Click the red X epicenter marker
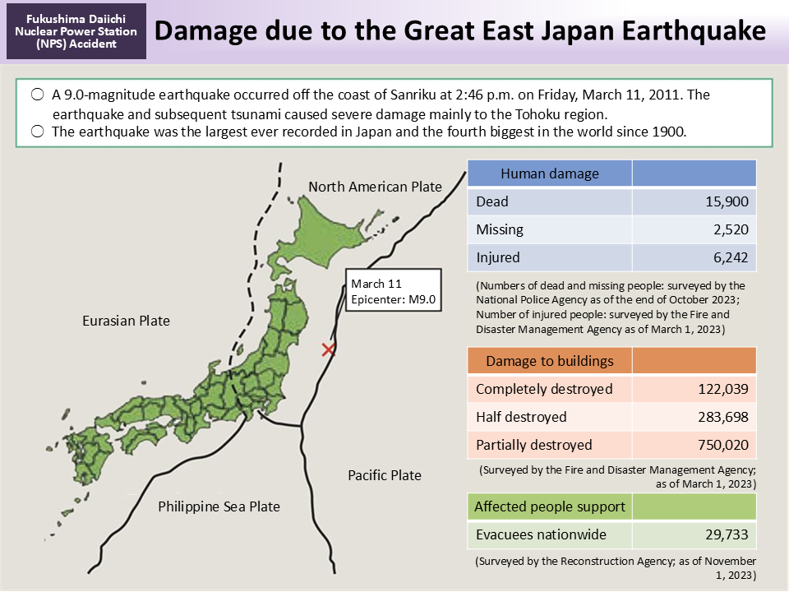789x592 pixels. (328, 350)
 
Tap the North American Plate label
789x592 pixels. (375, 187)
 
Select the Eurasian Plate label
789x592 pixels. (126, 321)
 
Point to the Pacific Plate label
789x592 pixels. (384, 475)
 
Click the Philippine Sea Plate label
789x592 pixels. (219, 506)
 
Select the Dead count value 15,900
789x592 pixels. (726, 201)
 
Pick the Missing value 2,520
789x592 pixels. (730, 229)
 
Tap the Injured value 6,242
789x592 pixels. (730, 257)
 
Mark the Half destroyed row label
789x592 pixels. (521, 417)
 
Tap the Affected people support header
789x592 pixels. (549, 506)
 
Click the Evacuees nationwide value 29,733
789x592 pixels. (726, 534)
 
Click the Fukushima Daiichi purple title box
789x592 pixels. (76, 32)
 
